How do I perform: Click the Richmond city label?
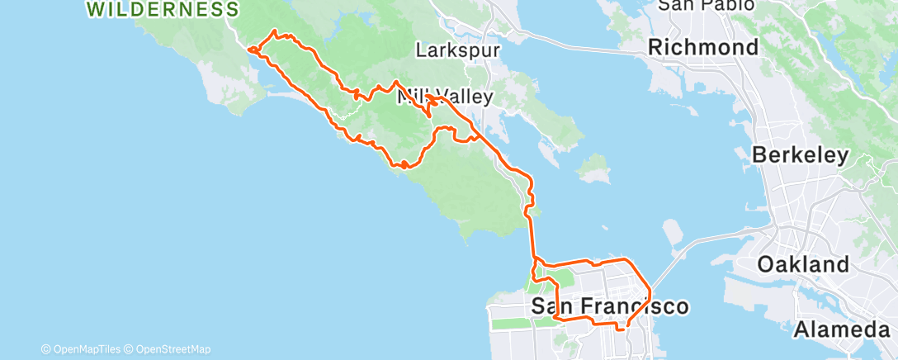click(x=703, y=47)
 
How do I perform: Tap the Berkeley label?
click(x=801, y=155)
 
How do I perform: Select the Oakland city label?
click(x=803, y=265)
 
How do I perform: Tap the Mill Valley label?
click(x=446, y=97)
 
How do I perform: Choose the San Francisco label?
click(x=609, y=307)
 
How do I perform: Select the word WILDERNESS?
click(x=163, y=10)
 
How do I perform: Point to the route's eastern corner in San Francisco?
click(x=650, y=291)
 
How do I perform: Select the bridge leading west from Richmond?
click(x=578, y=45)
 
